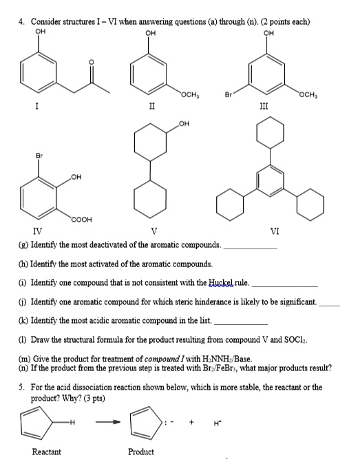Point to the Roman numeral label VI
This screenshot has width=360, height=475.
click(275, 231)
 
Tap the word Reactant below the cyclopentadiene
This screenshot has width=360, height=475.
click(46, 452)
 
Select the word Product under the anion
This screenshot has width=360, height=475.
click(140, 452)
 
